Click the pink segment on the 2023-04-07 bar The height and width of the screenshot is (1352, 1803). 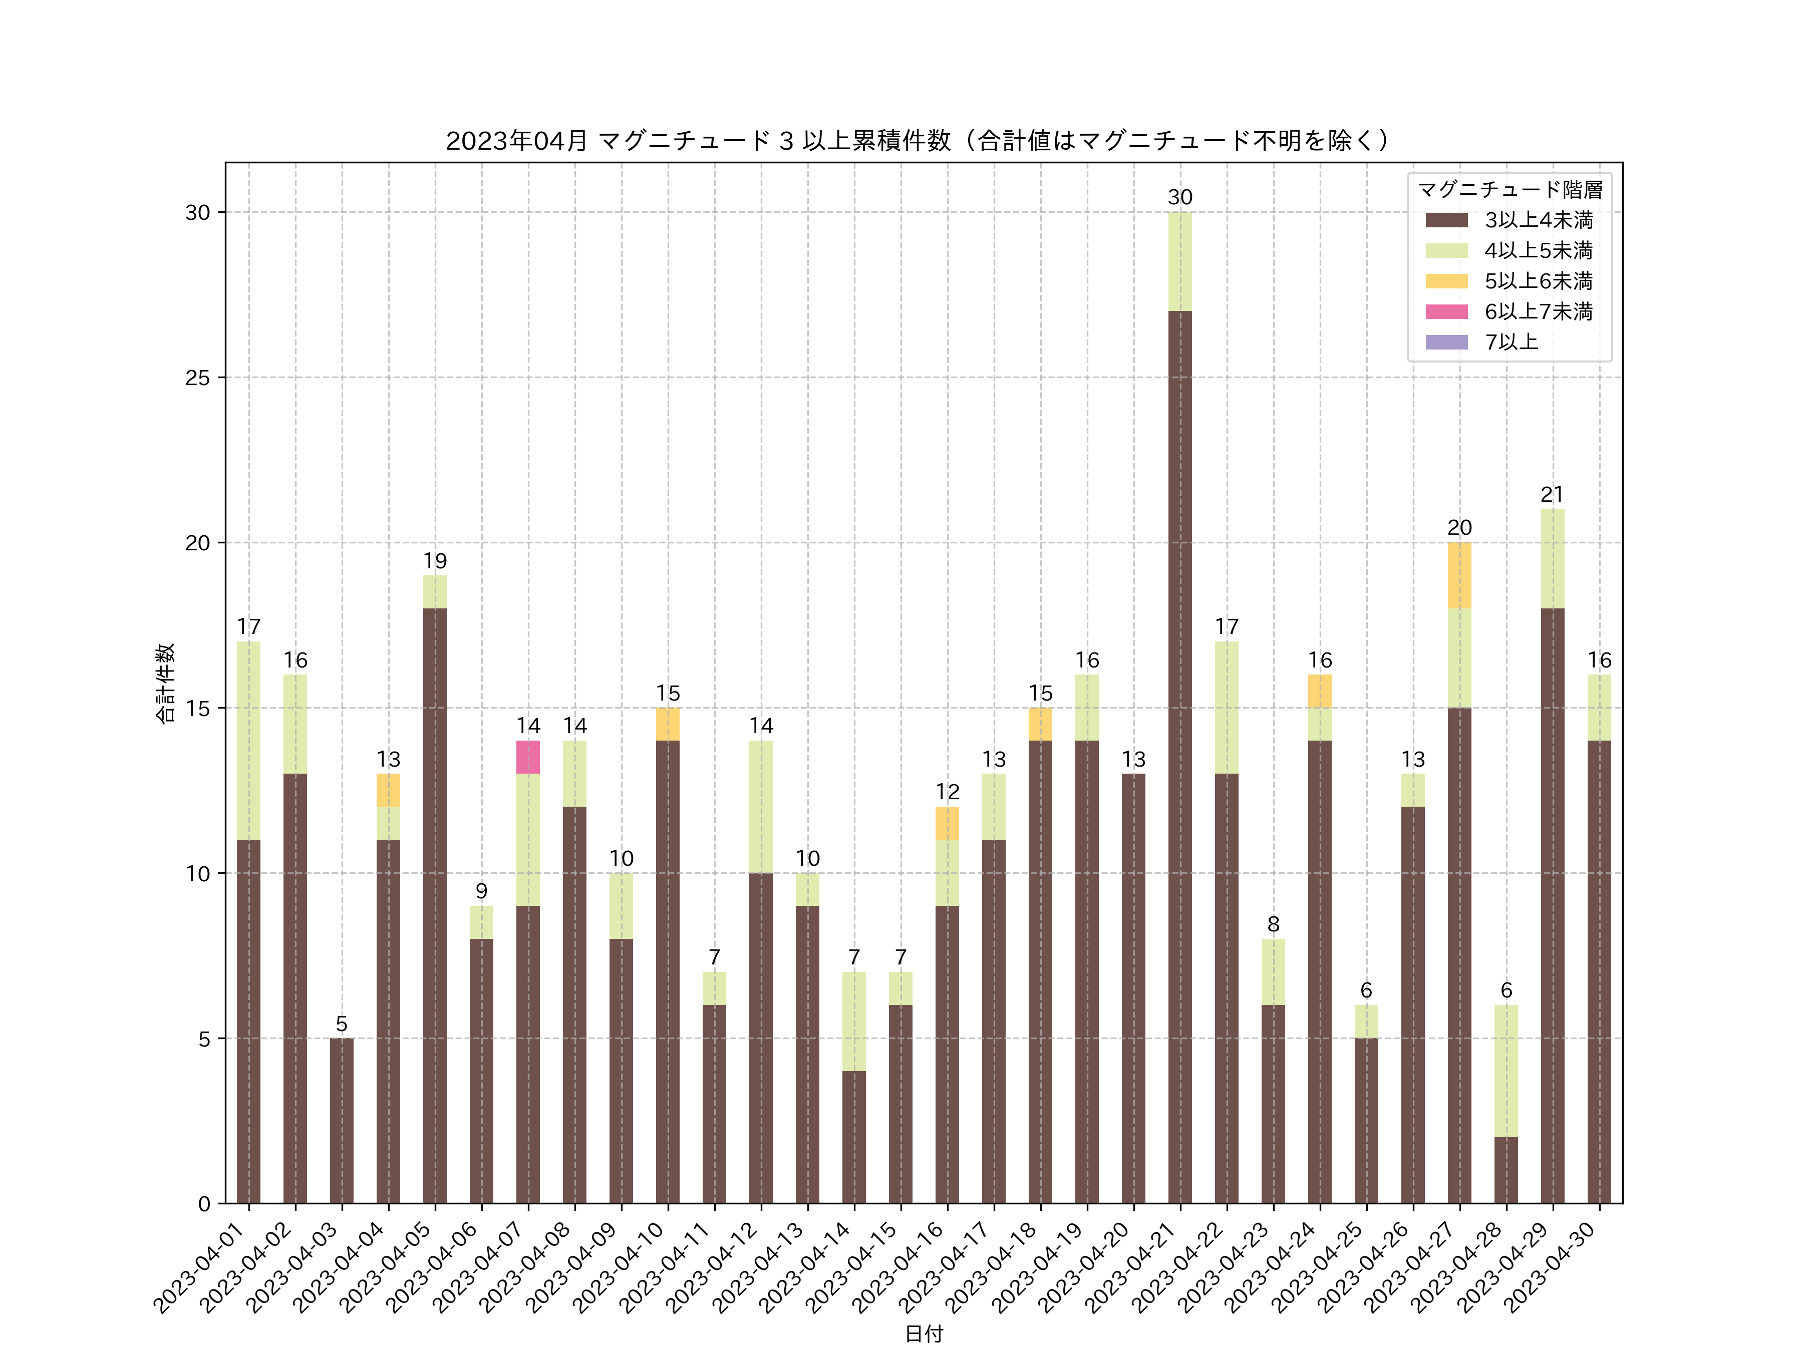click(528, 757)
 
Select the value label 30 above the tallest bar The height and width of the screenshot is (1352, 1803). click(1179, 197)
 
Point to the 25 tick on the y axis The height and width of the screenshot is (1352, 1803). click(197, 378)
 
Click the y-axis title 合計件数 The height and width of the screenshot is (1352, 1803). click(165, 683)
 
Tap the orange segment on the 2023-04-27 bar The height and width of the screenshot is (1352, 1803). click(1459, 575)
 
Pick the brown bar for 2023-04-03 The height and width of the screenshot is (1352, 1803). click(342, 1121)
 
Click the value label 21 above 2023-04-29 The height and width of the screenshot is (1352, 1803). click(1552, 495)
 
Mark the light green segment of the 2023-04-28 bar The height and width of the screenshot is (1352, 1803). click(1506, 1071)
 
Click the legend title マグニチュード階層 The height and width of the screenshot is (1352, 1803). click(1510, 190)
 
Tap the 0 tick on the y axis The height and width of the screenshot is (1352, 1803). click(204, 1204)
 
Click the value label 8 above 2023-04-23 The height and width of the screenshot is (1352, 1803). click(1273, 924)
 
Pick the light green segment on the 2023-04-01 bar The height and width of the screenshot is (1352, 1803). click(248, 740)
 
